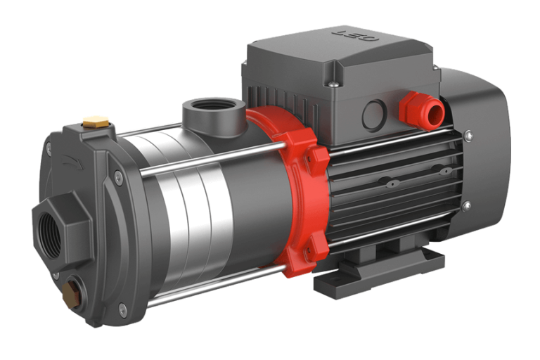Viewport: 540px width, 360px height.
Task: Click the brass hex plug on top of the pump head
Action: [96, 122]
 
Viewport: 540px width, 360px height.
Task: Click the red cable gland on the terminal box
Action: [422, 111]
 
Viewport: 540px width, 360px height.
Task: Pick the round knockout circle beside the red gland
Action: [374, 115]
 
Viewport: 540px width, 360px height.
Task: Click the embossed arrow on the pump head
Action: [72, 162]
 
